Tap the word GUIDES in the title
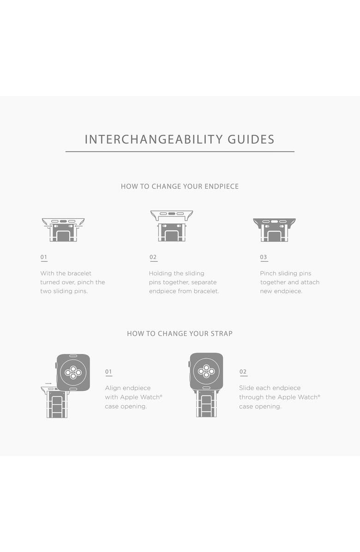tap(251, 139)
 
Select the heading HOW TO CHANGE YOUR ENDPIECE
tap(180, 186)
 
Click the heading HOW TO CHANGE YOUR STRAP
tap(180, 333)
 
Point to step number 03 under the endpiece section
tap(264, 257)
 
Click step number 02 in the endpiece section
tap(153, 257)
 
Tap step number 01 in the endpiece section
tap(44, 257)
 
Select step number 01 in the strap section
tap(108, 372)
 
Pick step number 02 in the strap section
tap(243, 372)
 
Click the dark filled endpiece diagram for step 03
tap(275, 229)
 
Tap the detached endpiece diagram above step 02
tap(172, 215)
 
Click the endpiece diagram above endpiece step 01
tap(63, 229)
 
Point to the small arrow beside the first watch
tap(48, 384)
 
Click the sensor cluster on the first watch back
tap(73, 372)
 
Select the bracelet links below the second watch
tap(206, 404)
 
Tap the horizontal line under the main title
tap(180, 152)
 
